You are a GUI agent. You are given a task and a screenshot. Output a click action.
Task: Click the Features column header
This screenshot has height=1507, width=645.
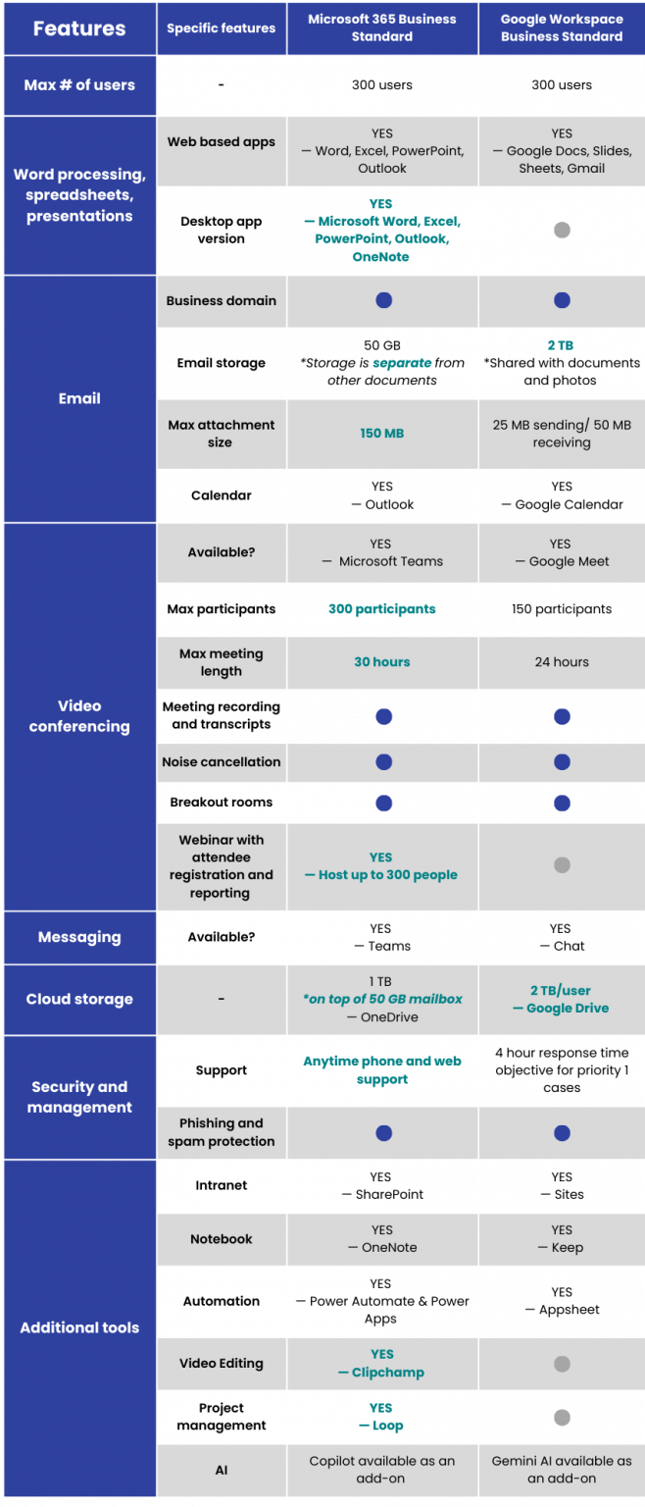(x=78, y=28)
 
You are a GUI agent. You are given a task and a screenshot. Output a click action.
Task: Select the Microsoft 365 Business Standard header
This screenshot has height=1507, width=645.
(x=382, y=28)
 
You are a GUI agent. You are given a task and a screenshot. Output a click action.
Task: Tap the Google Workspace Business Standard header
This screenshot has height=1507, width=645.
(x=561, y=28)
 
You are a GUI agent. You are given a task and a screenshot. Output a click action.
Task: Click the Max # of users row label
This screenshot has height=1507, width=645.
(x=78, y=85)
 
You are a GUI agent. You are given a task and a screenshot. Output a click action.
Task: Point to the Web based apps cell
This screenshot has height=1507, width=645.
(x=221, y=142)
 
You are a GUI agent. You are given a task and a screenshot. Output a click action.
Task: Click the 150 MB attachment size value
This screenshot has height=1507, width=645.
(x=382, y=434)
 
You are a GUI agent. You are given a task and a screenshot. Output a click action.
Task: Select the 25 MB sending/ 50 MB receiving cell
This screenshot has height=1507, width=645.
(x=561, y=434)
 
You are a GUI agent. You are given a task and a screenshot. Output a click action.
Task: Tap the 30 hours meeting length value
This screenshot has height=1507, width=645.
(x=382, y=662)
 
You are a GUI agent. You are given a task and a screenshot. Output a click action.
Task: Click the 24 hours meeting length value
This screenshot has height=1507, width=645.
(x=561, y=662)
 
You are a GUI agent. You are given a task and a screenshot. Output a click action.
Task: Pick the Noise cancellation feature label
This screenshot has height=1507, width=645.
(x=221, y=762)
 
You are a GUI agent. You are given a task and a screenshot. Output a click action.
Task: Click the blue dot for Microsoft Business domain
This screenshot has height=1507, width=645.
(x=383, y=300)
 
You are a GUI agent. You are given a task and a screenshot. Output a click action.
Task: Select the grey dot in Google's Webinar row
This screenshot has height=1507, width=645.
(x=562, y=865)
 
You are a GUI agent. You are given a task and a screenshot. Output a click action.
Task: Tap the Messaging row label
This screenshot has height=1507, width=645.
(x=78, y=937)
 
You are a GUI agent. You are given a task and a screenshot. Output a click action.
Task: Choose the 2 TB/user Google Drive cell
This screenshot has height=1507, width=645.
(x=561, y=999)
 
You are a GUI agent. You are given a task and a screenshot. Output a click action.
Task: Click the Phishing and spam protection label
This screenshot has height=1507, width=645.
(x=221, y=1132)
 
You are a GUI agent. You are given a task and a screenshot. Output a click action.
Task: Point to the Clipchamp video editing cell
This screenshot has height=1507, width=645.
(x=382, y=1363)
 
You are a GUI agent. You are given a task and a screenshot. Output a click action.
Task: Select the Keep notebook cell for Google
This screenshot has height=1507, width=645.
(x=561, y=1238)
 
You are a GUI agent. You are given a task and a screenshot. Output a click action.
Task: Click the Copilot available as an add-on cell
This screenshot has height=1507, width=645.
(x=382, y=1469)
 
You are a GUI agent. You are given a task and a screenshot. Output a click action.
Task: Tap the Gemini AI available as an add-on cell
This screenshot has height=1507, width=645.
(x=561, y=1469)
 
